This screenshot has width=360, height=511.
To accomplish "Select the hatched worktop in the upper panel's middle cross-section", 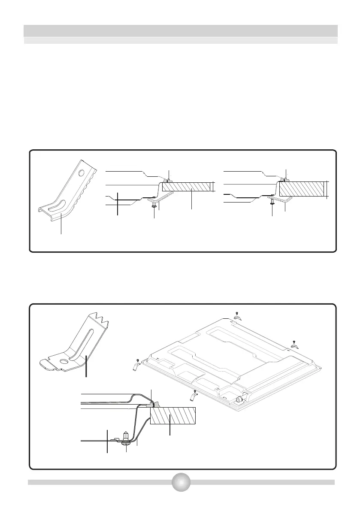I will pos(187,187).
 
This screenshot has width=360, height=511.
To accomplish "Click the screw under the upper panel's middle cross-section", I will pos(154,207).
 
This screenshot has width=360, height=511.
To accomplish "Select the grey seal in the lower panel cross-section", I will pos(151,404).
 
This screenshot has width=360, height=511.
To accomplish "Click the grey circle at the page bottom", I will pos(180,482).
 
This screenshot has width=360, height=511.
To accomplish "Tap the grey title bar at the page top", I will pos(180,31).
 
